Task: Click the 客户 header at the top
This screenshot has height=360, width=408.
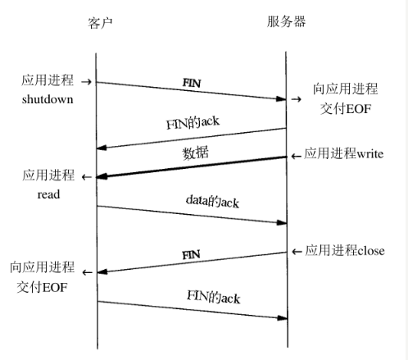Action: pyautogui.click(x=98, y=22)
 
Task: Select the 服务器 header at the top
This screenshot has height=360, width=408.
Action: pyautogui.click(x=286, y=22)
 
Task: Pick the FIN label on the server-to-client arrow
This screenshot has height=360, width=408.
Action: pyautogui.click(x=191, y=255)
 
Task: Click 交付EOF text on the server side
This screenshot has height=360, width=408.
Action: pyautogui.click(x=347, y=107)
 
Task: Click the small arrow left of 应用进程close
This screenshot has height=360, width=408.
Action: pyautogui.click(x=296, y=251)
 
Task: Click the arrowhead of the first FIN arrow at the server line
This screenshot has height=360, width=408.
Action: pyautogui.click(x=281, y=100)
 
